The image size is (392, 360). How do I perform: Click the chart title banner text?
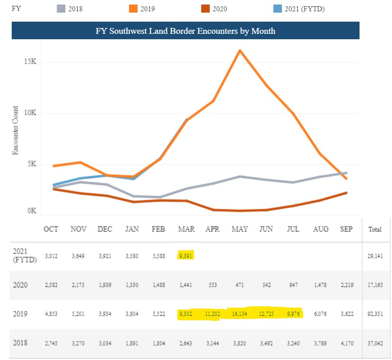coord(185,31)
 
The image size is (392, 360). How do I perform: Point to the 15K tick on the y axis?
coord(30,62)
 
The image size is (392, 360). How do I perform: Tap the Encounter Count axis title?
coord(15,130)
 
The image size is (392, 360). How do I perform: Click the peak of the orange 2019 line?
coord(240,50)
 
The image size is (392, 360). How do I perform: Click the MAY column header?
coord(240,229)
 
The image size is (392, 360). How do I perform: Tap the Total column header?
coord(375,229)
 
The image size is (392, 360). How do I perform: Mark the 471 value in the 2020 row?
coord(240,285)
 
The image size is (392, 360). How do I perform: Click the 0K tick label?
coord(31,211)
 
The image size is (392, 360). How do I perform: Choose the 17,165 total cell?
coord(375,285)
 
